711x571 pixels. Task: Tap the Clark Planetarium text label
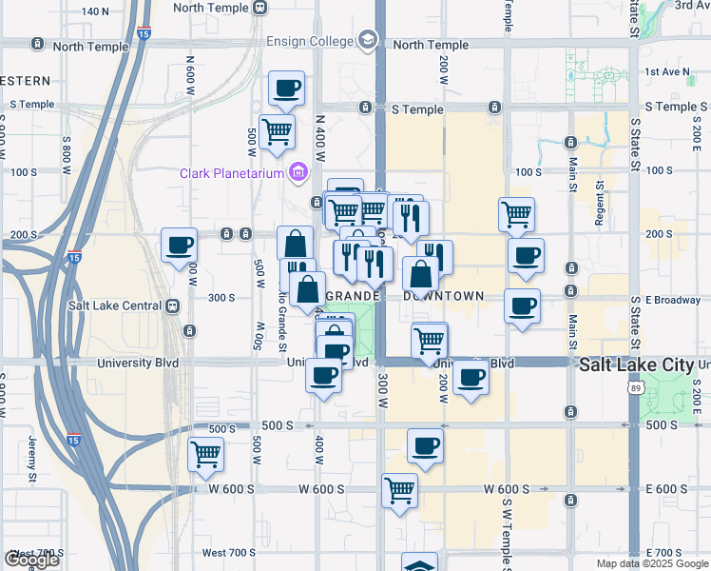[233, 172]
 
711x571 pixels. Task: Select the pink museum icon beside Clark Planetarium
[298, 171]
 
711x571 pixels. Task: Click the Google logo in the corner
[31, 560]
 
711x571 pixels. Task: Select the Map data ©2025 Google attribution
[651, 563]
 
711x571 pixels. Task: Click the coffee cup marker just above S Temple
[286, 89]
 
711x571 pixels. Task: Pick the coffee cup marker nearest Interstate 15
[179, 246]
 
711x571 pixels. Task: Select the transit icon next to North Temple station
[259, 8]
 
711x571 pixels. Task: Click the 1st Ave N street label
[666, 71]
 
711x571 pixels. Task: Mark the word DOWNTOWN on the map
[444, 296]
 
